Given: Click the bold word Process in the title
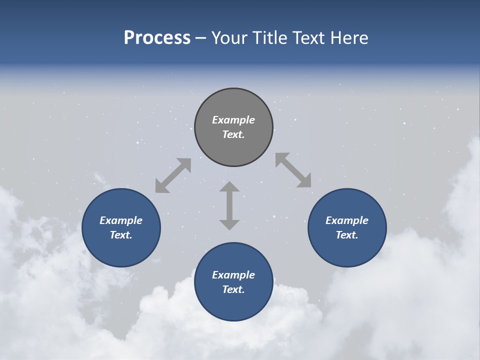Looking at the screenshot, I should click(157, 38).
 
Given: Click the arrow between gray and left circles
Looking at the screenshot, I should click(173, 175).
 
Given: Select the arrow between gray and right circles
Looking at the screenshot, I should click(293, 170).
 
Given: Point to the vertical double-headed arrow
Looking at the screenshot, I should click(229, 205).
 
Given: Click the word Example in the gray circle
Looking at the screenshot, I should click(233, 120).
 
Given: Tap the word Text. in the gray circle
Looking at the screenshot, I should click(233, 134).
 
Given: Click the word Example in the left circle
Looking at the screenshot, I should click(121, 220).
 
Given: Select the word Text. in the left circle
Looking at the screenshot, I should click(121, 235).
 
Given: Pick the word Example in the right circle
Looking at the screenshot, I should click(347, 220).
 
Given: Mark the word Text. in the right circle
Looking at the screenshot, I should click(347, 235).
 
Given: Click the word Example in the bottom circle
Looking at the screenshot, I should click(233, 275).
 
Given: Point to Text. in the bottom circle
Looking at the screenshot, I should click(233, 289).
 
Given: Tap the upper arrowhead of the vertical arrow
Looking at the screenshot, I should click(229, 187).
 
